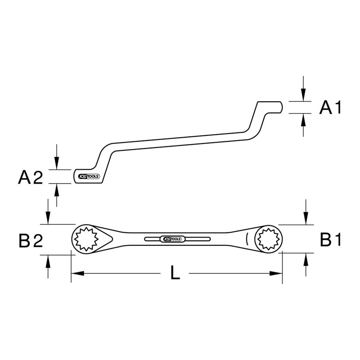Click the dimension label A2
coord(30,177)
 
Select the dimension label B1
coord(330,240)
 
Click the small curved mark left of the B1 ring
coord(246,238)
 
